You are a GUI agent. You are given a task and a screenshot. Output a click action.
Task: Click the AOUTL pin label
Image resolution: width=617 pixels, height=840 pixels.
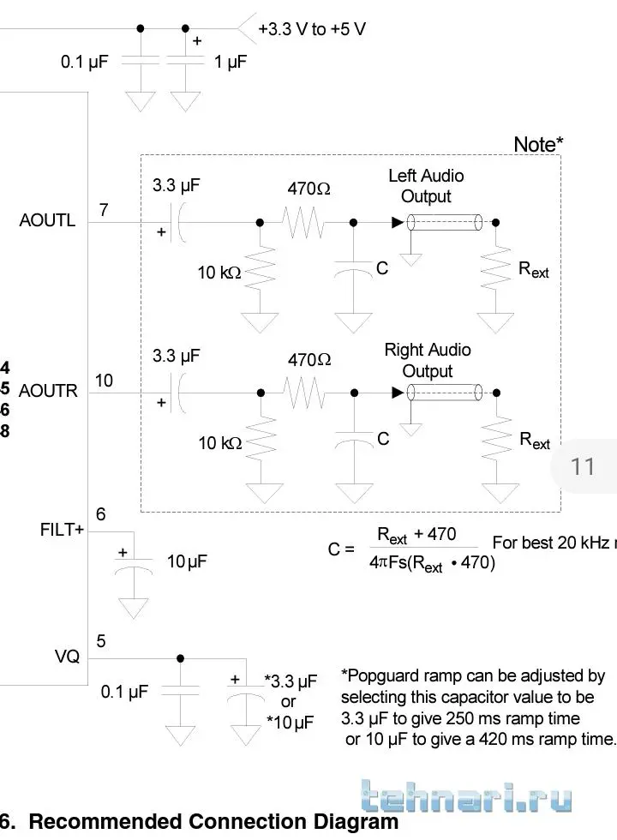click(x=47, y=220)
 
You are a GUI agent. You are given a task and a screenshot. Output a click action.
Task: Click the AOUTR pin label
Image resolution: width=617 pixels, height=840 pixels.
click(x=48, y=391)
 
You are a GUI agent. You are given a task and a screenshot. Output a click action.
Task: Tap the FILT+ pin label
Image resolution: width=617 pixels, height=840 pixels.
click(x=63, y=530)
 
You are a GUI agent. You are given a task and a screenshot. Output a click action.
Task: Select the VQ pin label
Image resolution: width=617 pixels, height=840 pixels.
click(x=67, y=657)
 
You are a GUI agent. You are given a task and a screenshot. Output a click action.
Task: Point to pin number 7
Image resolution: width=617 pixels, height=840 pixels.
click(x=104, y=209)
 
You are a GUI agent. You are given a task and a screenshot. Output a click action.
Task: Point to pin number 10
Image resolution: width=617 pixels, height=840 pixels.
click(x=104, y=381)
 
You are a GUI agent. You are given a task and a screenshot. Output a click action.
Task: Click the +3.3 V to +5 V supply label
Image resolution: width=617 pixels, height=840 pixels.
click(x=312, y=29)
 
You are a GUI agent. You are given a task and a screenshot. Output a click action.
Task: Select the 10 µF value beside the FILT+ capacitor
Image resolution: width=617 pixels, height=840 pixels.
click(x=187, y=561)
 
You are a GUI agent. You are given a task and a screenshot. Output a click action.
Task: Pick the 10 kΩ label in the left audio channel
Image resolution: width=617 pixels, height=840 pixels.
click(x=219, y=273)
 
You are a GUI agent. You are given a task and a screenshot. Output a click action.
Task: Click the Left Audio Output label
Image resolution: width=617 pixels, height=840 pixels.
click(x=426, y=186)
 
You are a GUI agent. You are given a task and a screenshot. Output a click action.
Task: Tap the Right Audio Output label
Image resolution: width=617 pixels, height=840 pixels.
click(x=427, y=360)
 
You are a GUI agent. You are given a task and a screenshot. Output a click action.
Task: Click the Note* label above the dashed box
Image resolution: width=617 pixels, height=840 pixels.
click(x=538, y=145)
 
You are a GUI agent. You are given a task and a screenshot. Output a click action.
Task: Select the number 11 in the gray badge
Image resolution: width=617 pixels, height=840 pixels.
click(x=583, y=466)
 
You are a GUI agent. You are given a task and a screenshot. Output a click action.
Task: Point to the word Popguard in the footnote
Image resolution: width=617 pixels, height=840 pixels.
click(x=390, y=676)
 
